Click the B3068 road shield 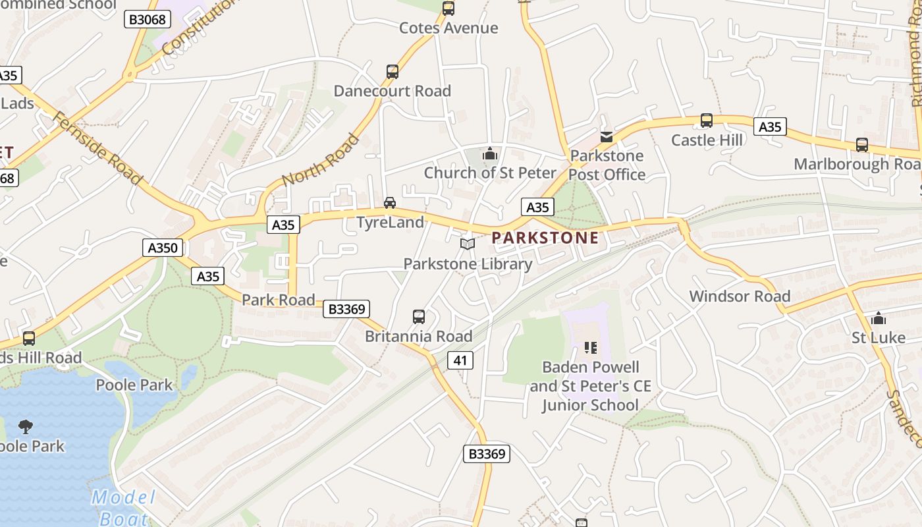148,19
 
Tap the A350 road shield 163,248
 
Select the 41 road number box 460,360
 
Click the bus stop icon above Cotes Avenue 448,9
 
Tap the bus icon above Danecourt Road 393,72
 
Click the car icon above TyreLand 390,203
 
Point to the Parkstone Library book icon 468,244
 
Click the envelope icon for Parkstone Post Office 607,137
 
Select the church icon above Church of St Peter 489,154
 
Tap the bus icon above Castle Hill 707,121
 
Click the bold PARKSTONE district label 545,238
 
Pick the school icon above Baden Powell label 590,347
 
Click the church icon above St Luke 879,319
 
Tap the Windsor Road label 740,296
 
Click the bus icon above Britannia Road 419,317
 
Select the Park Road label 278,300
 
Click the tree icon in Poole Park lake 26,427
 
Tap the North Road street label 321,160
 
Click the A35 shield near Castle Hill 770,126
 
